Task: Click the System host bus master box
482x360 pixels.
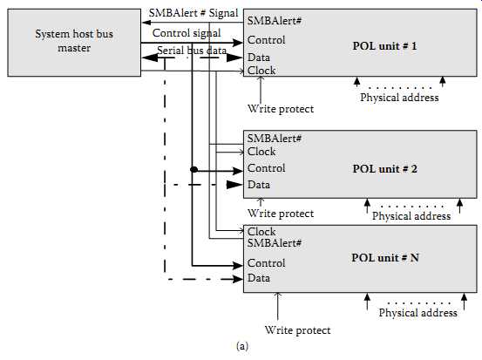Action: [x=74, y=43]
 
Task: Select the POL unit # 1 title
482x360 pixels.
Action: [x=384, y=46]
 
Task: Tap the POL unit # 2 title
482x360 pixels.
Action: [x=385, y=169]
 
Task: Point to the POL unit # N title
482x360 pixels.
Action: [x=385, y=258]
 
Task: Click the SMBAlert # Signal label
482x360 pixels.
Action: [x=193, y=13]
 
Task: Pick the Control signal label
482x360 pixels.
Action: [x=187, y=33]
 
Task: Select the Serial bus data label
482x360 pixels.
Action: [x=192, y=50]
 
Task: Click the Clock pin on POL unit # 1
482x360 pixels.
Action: [x=261, y=71]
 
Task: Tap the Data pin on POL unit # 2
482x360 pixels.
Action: [x=259, y=185]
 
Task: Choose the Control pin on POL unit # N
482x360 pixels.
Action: [x=266, y=263]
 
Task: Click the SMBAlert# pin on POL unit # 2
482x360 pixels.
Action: [x=275, y=139]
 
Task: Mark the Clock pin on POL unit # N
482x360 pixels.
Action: [x=261, y=232]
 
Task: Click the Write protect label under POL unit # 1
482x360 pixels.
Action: [x=281, y=109]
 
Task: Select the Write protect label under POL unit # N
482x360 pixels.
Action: [x=297, y=330]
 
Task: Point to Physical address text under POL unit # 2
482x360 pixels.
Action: [x=411, y=216]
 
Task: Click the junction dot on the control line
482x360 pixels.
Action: [x=193, y=169]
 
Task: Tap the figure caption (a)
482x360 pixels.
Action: [x=242, y=346]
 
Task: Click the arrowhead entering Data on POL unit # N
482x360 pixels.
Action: [x=237, y=279]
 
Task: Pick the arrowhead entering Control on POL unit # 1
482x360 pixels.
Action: [x=237, y=43]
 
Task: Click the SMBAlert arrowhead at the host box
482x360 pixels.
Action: [x=146, y=23]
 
